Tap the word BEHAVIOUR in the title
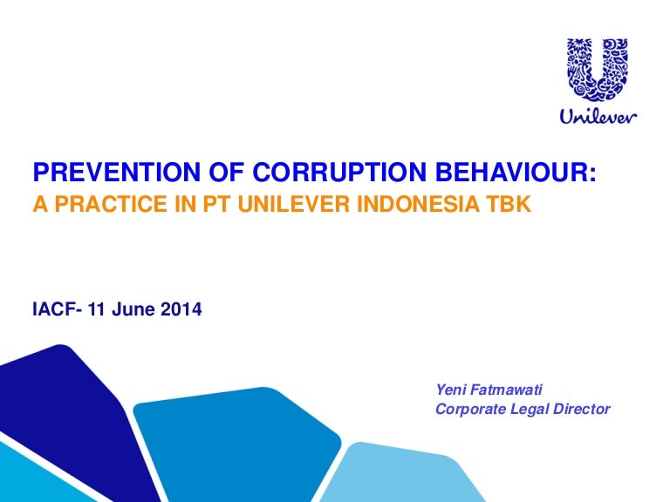click(x=511, y=172)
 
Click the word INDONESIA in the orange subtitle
click(x=418, y=204)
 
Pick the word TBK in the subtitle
click(x=508, y=204)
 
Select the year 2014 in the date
click(x=181, y=309)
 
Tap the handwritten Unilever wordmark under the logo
click(x=598, y=116)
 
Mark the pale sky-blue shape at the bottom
click(x=401, y=474)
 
